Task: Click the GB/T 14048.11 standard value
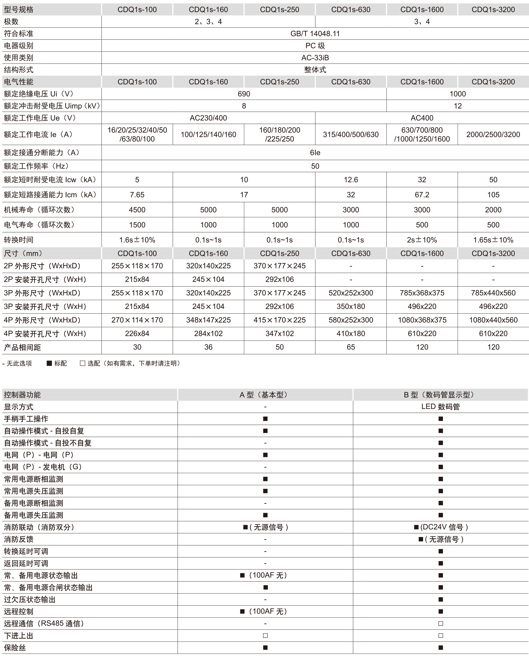315,34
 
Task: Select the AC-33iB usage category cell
315,58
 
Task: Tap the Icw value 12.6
351,180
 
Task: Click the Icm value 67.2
422,195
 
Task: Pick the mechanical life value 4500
137,210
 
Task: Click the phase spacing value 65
351,347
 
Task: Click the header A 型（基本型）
265,395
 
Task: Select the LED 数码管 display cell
440,407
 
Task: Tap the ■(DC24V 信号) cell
440,527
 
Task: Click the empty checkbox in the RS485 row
440,624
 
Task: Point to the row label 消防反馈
19,539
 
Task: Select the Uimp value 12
457,106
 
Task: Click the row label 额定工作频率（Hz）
37,166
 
